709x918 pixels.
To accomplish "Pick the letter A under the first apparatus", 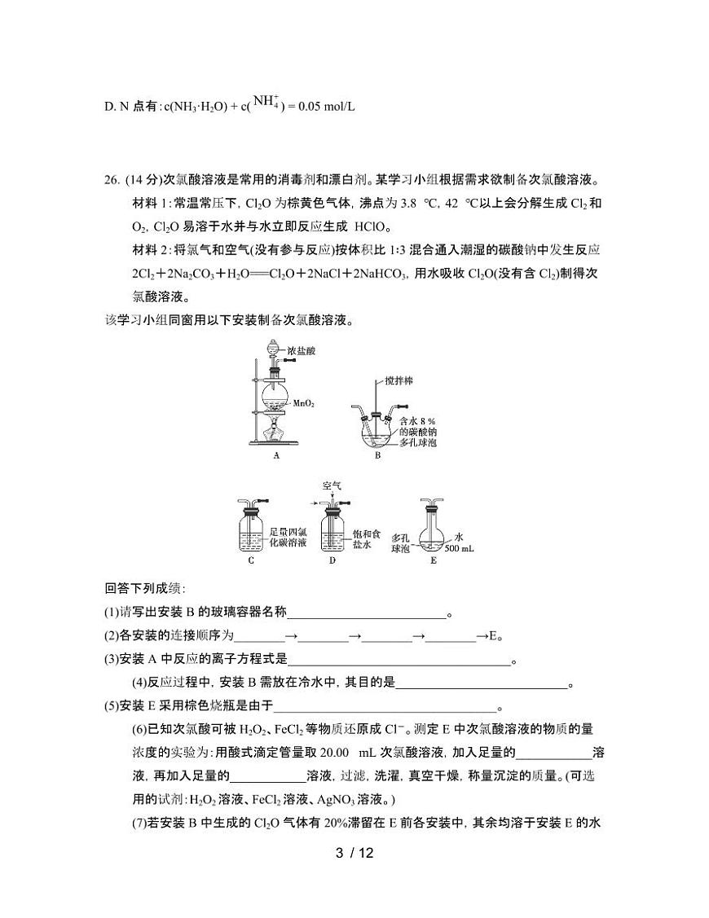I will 276,456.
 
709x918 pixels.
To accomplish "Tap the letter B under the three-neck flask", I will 378,456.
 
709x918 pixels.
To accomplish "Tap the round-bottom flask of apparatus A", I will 275,399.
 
